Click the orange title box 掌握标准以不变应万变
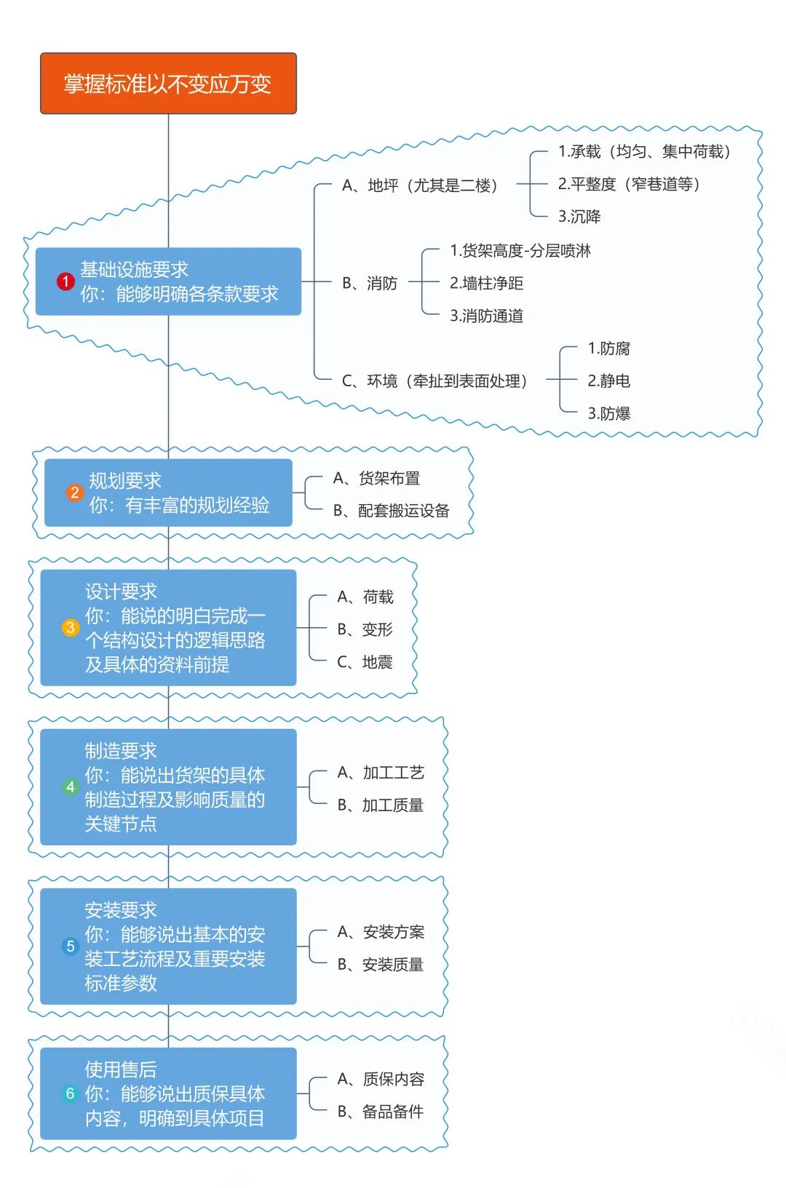coord(168,84)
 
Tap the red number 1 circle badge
coord(65,282)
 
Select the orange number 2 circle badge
coord(74,493)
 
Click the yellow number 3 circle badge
coord(71,627)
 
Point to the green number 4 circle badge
coord(70,786)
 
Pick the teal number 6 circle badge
coord(70,1093)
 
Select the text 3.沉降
coord(579,216)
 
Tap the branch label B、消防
coord(370,283)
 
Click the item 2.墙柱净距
coord(486,283)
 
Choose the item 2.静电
coord(608,380)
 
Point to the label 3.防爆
coord(608,413)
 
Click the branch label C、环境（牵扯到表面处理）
coord(434,380)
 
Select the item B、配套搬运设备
coord(392,511)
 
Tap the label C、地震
coord(365,662)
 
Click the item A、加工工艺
coord(381,773)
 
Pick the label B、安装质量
coord(381,965)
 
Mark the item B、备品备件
coord(381,1112)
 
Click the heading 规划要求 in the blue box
coord(125,480)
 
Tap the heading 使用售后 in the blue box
coord(121,1069)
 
